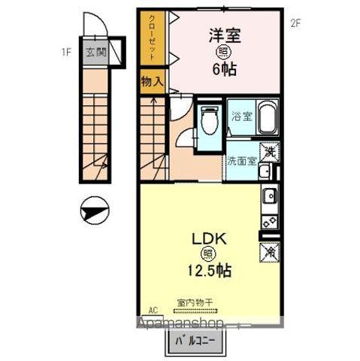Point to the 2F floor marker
(295, 23)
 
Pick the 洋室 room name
(223, 33)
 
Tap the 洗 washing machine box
(271, 150)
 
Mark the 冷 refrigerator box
(270, 252)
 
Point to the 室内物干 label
(195, 302)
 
